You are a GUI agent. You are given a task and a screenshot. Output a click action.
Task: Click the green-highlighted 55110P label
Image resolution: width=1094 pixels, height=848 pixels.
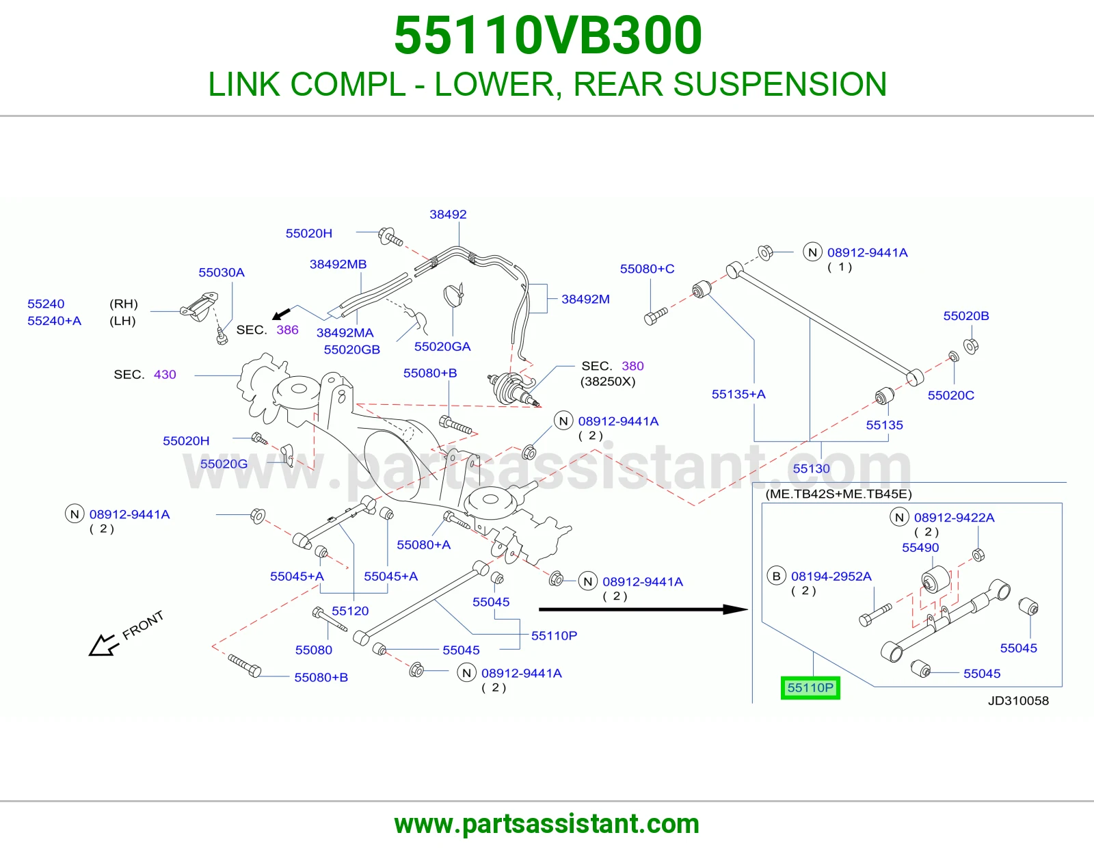coord(810,687)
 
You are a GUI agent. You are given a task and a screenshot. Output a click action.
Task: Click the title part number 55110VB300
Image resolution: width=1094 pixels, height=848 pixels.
coord(548,36)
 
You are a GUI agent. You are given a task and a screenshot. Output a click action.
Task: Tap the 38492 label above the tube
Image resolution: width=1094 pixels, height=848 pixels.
coord(448,214)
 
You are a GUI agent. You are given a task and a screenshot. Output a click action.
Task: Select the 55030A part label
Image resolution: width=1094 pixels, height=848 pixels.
coord(222,272)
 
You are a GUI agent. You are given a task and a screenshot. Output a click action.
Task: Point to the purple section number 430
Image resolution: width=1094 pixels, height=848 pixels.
coord(165,375)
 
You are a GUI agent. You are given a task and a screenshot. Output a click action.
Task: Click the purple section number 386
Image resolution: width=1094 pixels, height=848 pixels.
coord(287,330)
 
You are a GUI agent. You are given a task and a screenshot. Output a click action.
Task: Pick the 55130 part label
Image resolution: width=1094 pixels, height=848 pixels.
coord(811,468)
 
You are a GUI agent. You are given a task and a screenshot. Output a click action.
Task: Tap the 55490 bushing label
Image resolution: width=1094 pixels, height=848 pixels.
coord(920,547)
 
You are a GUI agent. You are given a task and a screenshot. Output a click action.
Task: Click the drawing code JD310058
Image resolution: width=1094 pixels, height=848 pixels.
coord(1019,700)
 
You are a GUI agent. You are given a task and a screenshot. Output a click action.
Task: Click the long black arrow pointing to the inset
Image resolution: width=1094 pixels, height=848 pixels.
coord(643,609)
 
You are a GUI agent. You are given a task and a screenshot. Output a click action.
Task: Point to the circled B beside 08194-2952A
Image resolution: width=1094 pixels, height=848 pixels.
coord(776,576)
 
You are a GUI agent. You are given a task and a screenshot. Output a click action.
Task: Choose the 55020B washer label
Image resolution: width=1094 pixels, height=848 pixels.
coord(966,316)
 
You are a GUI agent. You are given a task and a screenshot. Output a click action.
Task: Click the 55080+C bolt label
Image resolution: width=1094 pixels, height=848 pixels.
coord(647,269)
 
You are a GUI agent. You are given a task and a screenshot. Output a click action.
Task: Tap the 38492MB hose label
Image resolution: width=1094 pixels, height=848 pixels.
coord(338,265)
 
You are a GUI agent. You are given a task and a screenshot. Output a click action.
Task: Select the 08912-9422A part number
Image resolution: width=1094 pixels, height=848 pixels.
coord(954,518)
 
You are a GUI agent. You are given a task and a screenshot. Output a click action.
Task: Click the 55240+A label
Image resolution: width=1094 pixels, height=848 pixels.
coord(55,321)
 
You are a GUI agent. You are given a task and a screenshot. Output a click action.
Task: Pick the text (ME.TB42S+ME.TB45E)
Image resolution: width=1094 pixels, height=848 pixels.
coord(839,494)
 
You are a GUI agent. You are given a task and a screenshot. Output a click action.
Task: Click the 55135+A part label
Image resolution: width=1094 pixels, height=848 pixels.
coord(738,395)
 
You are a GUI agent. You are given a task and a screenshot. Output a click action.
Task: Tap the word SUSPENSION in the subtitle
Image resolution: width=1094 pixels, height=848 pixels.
coord(780,84)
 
